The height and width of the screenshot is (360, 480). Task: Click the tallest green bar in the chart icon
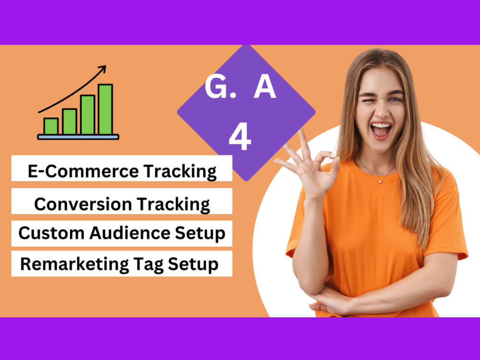point(105,109)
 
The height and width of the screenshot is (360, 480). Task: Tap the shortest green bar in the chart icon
point(51,126)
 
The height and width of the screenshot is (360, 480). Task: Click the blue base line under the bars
point(78,137)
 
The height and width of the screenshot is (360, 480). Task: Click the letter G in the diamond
point(215,88)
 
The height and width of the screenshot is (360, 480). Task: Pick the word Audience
point(129,233)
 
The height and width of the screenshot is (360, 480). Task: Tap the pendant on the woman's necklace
point(380,180)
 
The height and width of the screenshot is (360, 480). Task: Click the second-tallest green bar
point(87,115)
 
